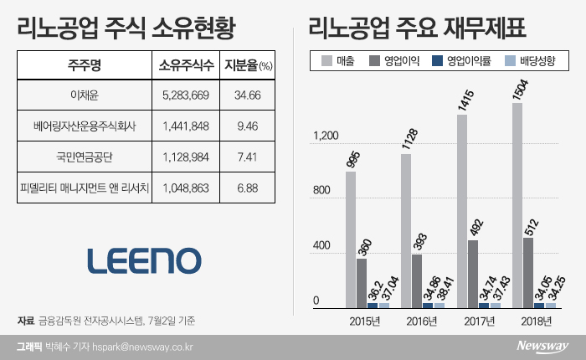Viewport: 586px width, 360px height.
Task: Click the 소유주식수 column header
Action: click(x=186, y=64)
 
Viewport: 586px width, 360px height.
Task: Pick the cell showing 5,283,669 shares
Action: click(x=186, y=96)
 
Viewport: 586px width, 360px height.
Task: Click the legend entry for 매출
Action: click(x=338, y=60)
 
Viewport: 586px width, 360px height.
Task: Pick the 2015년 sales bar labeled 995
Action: click(x=350, y=239)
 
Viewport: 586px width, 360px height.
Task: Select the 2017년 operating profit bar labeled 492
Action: click(x=473, y=274)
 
